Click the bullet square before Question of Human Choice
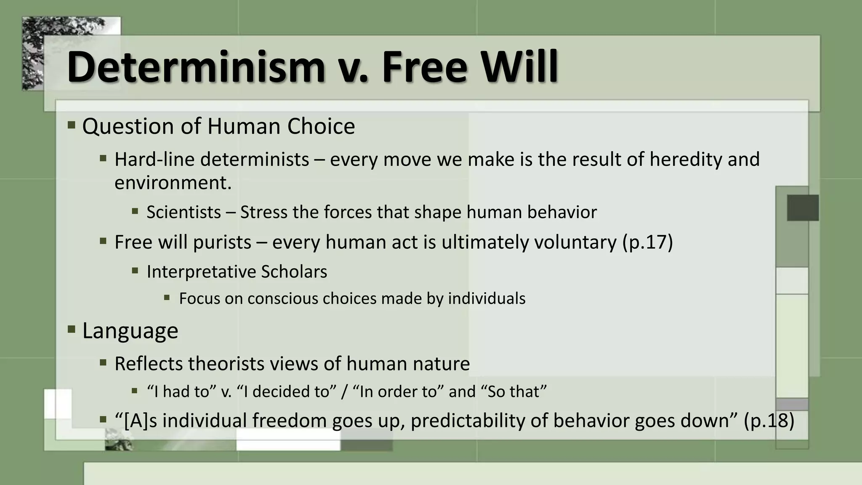coord(71,125)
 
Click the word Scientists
coord(184,212)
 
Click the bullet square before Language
coord(71,329)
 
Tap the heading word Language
coord(130,330)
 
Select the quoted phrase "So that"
coord(516,392)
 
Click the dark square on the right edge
coord(803,208)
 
